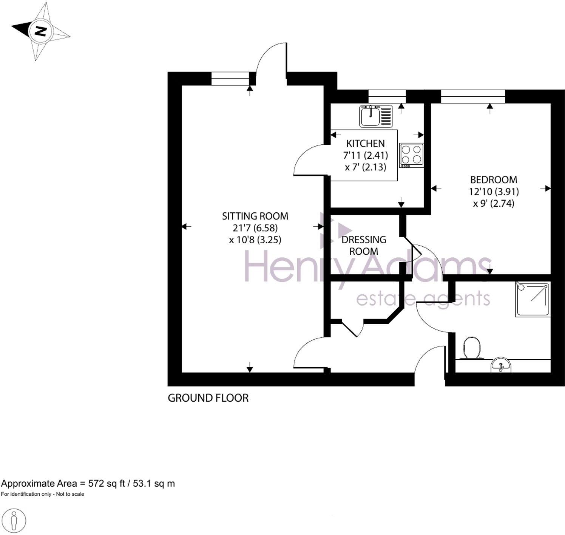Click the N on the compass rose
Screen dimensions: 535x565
coord(40,31)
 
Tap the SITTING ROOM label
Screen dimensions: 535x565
coord(255,216)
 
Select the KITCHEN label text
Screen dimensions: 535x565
coord(365,144)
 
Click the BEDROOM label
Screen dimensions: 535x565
coord(493,179)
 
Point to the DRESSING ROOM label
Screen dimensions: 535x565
coord(363,246)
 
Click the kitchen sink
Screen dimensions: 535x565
coord(376,116)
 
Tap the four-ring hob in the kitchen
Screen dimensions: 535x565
coord(411,155)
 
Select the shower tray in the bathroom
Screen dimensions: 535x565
coord(533,299)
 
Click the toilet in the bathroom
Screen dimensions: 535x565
coord(471,348)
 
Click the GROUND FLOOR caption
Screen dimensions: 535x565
coord(208,398)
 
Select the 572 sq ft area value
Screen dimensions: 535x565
coord(106,484)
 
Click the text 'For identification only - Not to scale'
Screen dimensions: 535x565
coord(42,494)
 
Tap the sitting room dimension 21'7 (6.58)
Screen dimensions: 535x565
coord(255,228)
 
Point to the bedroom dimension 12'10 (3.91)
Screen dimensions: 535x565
coord(493,192)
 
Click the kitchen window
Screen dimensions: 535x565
coord(387,96)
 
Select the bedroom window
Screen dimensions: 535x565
coord(472,96)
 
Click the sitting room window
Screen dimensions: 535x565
coord(230,79)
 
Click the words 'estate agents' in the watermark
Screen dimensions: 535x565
coord(423,299)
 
